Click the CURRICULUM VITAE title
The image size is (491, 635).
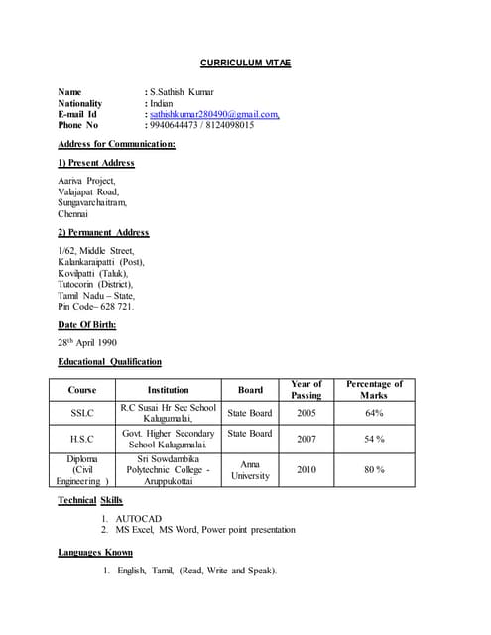tap(245, 63)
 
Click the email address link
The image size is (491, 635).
tap(214, 114)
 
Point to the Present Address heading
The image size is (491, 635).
tap(96, 162)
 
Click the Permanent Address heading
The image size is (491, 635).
tap(103, 232)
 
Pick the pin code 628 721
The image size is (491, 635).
tap(113, 306)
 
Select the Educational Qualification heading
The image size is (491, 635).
tap(109, 362)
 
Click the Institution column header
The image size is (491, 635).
tap(168, 390)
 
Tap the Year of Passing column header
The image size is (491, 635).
tap(306, 390)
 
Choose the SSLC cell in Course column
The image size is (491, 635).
tap(82, 413)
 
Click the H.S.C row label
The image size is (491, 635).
tap(82, 439)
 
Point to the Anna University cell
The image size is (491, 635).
tap(250, 469)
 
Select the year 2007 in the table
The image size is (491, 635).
tap(307, 439)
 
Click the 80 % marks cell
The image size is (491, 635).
tap(374, 469)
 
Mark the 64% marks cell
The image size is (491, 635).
tap(374, 413)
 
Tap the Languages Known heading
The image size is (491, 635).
tap(95, 552)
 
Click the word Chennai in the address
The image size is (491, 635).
tap(73, 213)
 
